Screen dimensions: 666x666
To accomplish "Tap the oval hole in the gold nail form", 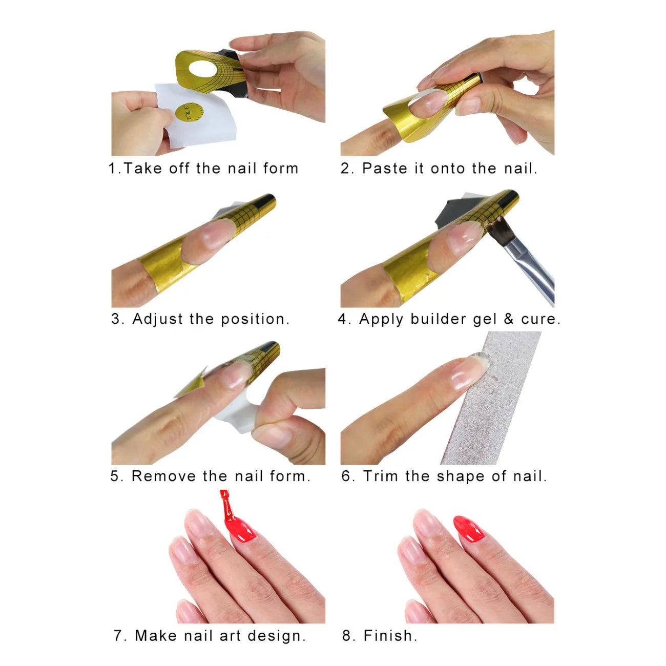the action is (x=203, y=69).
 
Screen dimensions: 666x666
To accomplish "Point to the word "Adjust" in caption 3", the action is (x=158, y=320).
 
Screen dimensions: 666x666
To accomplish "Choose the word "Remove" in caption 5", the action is (x=164, y=476).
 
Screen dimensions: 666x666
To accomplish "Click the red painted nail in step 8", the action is (x=469, y=529).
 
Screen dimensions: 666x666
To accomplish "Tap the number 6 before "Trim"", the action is (x=346, y=476).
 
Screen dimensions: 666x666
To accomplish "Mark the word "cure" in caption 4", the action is (x=538, y=319).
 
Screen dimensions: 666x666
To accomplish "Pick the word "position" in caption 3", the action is (x=253, y=320).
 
